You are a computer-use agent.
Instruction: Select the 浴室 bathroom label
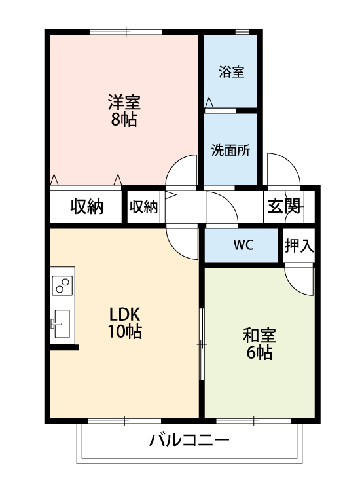[x=232, y=71]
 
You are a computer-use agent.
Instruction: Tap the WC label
[x=243, y=245]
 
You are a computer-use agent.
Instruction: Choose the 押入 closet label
[x=299, y=245]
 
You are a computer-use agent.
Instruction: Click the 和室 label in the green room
[x=259, y=336]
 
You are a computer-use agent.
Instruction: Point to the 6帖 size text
[x=259, y=354]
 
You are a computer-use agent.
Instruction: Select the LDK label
[x=125, y=314]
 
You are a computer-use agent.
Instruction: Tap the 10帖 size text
[x=125, y=331]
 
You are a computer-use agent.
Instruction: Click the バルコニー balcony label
[x=189, y=439]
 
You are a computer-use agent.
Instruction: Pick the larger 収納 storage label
[x=87, y=207]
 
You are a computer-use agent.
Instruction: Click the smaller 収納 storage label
[x=143, y=207]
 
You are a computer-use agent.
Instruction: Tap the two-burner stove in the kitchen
[x=63, y=285]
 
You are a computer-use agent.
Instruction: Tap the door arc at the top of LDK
[x=182, y=241]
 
